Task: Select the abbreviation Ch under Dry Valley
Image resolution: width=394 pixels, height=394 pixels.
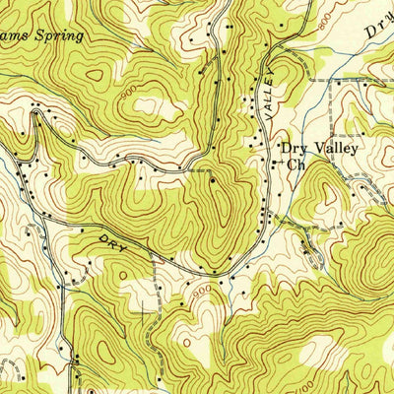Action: pos(295,165)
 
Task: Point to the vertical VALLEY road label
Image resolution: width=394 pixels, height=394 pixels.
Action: pos(267,99)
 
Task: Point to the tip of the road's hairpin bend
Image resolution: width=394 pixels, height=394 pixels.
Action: pos(34,115)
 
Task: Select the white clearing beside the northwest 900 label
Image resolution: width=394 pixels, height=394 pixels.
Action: pos(153,104)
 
